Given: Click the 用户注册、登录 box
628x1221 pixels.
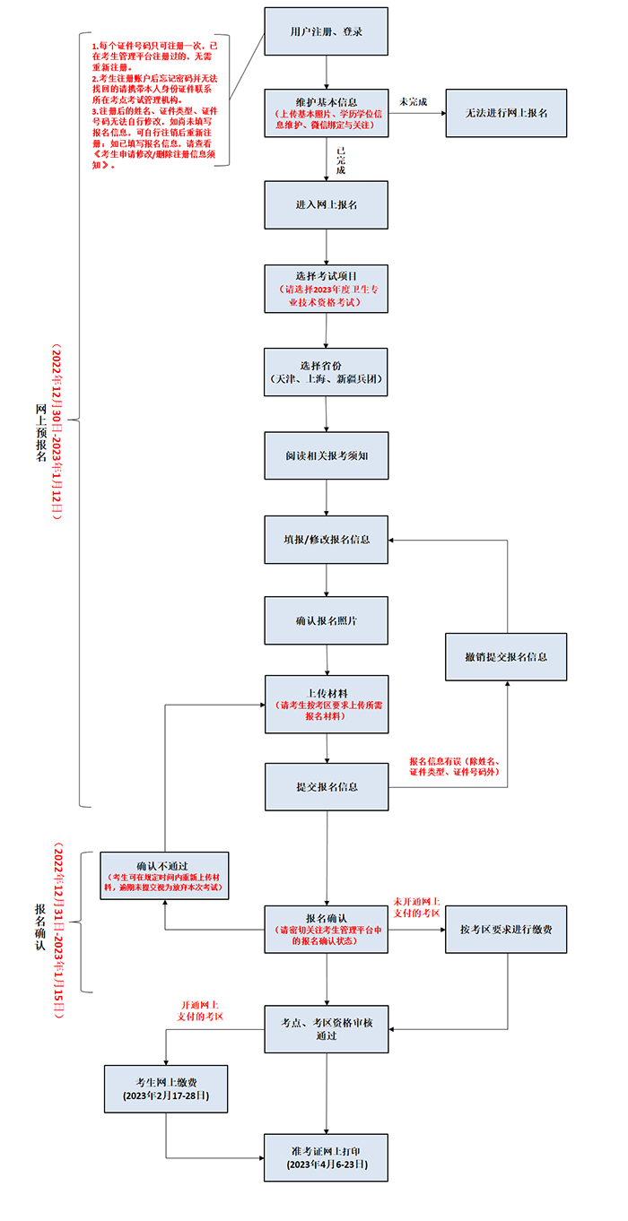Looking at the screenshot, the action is pyautogui.click(x=327, y=31).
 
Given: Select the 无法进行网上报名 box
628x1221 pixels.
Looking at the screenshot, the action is pyautogui.click(x=506, y=113).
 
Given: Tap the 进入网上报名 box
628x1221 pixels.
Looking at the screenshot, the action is pyautogui.click(x=327, y=205).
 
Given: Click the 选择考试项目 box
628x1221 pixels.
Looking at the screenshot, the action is pyautogui.click(x=327, y=289).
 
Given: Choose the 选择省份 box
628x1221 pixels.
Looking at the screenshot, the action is pyautogui.click(x=326, y=372).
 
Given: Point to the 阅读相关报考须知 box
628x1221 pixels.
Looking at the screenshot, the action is pyautogui.click(x=327, y=455).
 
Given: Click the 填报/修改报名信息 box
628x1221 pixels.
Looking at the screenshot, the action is pyautogui.click(x=327, y=540).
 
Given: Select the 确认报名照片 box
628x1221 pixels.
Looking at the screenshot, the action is pyautogui.click(x=327, y=620).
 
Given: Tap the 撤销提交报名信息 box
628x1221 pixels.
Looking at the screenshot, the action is pyautogui.click(x=506, y=657).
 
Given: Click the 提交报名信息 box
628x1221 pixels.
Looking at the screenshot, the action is pyautogui.click(x=327, y=787).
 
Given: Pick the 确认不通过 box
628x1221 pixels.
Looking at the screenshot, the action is pyautogui.click(x=164, y=876).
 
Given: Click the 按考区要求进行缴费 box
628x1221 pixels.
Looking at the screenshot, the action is pyautogui.click(x=506, y=930).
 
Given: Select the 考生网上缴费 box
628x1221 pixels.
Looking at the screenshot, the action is pyautogui.click(x=166, y=1089).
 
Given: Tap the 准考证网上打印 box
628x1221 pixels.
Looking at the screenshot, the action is pyautogui.click(x=327, y=1157).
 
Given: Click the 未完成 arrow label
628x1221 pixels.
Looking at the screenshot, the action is pyautogui.click(x=413, y=102).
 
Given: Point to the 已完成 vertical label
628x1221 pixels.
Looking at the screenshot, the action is pyautogui.click(x=341, y=160).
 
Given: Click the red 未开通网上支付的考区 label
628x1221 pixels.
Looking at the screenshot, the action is pyautogui.click(x=416, y=907).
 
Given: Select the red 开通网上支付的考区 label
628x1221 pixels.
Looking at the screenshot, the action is pyautogui.click(x=200, y=1011).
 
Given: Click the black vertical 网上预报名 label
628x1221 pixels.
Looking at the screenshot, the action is pyautogui.click(x=41, y=433).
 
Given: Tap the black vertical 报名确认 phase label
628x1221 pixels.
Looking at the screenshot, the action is pyautogui.click(x=40, y=927).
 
